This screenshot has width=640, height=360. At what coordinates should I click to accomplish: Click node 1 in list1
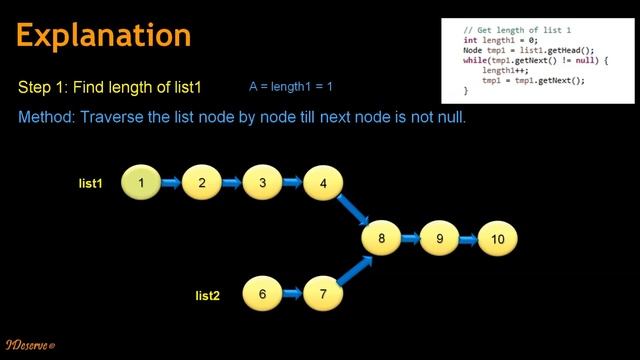click(142, 183)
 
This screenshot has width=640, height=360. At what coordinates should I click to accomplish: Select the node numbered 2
click(202, 183)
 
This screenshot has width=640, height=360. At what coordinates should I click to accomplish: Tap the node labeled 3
click(262, 183)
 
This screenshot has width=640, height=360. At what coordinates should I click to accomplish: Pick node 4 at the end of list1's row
click(323, 183)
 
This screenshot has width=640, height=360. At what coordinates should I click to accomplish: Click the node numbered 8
click(381, 239)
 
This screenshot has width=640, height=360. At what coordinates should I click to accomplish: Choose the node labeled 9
click(439, 239)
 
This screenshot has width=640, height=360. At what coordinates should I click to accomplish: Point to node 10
click(498, 239)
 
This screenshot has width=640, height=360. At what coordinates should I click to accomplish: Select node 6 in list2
click(262, 294)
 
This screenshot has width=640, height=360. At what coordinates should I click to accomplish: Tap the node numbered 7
click(323, 294)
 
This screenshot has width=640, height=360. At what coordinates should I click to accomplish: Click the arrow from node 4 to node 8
click(351, 211)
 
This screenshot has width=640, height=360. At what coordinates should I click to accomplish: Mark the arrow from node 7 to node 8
click(352, 270)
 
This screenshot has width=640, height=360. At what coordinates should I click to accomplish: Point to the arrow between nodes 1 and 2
click(172, 183)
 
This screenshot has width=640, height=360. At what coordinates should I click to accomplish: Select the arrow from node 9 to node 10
click(469, 239)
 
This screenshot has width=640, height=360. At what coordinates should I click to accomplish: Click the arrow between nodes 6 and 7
click(293, 294)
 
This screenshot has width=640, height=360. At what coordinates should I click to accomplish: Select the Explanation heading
click(104, 35)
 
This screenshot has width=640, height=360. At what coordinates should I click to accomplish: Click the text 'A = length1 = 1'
click(290, 88)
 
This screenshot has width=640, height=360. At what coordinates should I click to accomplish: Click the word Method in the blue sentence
click(44, 118)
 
